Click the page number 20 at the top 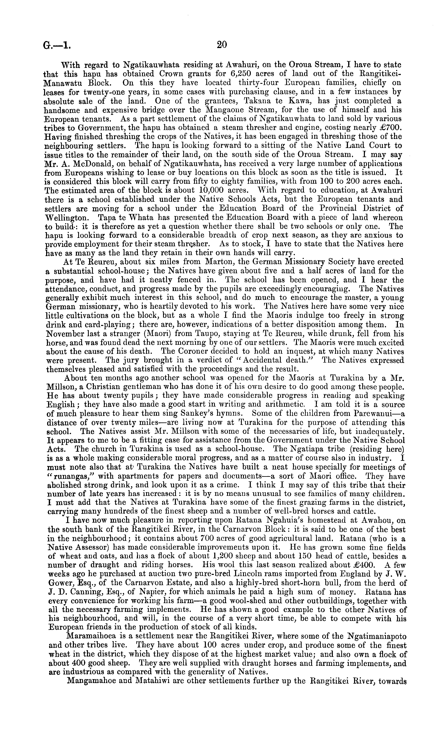pyautogui.click(x=222, y=45)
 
